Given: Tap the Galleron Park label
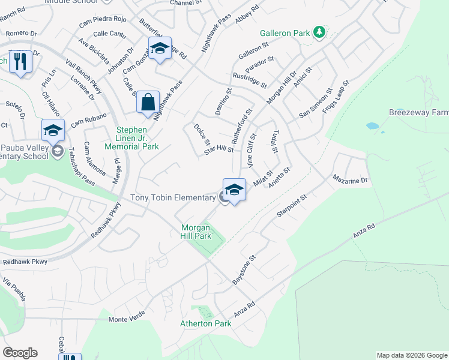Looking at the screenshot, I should [x=285, y=33].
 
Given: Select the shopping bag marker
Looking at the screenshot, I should [x=148, y=102].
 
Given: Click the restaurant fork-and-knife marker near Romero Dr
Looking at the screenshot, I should [x=20, y=62].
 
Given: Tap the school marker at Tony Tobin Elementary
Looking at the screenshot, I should [x=234, y=190].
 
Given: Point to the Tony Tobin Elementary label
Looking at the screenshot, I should [x=173, y=197].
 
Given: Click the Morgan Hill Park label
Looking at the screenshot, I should [x=196, y=232].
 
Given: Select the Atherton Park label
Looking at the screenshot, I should [x=206, y=323].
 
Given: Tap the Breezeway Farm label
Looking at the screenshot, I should [x=418, y=112].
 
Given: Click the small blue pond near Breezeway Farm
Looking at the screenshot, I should [x=372, y=127].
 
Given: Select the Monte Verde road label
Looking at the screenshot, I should [x=126, y=319].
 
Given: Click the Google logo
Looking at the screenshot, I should [x=20, y=353].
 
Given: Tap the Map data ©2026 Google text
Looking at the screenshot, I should [x=411, y=355].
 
